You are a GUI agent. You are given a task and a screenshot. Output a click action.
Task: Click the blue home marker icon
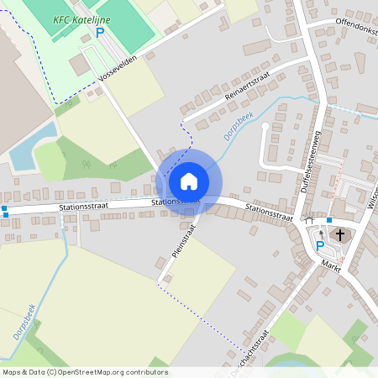189,181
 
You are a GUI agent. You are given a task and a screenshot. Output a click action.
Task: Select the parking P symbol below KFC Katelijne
100,33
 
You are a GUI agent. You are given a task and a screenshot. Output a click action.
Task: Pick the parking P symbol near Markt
319,245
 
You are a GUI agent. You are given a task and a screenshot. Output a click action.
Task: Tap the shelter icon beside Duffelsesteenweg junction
309,221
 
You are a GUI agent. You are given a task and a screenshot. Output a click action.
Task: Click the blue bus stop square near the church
329,220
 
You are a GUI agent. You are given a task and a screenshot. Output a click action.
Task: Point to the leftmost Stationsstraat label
86,206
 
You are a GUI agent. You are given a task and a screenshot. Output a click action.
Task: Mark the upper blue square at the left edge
4,207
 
